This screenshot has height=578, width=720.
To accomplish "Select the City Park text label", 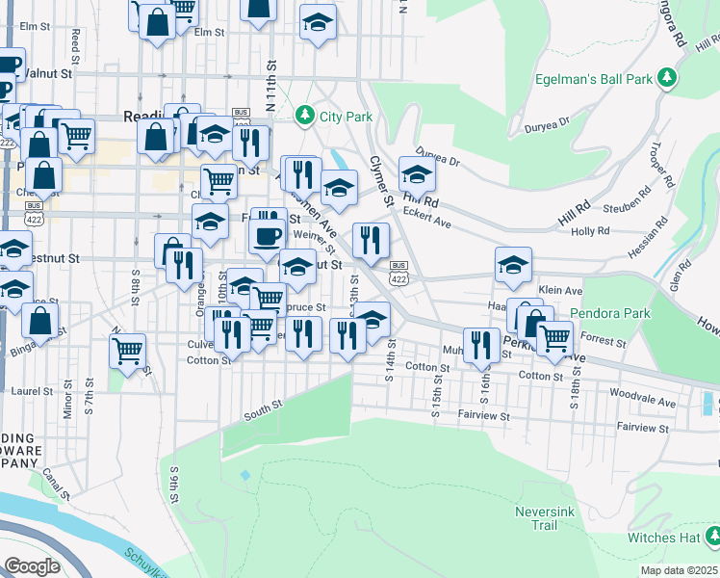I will pos(346,117).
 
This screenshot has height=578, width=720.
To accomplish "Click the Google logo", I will pos(32,565).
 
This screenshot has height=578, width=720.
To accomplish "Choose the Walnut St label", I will pos(49,72).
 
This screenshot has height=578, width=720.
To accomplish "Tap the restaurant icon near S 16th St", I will pos(481,345).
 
